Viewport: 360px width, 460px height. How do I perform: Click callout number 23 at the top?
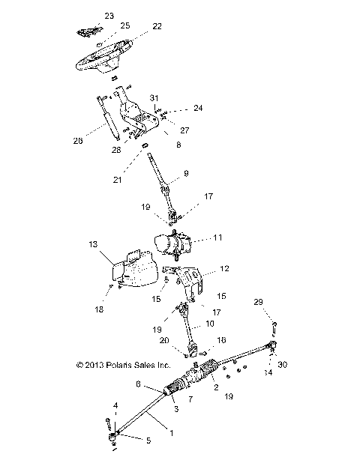coord(109,16)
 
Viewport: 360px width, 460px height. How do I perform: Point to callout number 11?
coord(218,237)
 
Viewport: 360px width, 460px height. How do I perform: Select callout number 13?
coord(93,244)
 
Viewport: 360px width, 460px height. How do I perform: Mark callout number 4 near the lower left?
coord(115,405)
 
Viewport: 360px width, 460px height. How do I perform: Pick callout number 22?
coord(157,26)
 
